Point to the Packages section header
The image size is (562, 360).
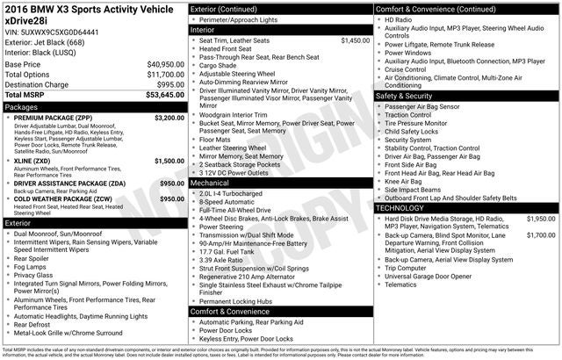22,106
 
